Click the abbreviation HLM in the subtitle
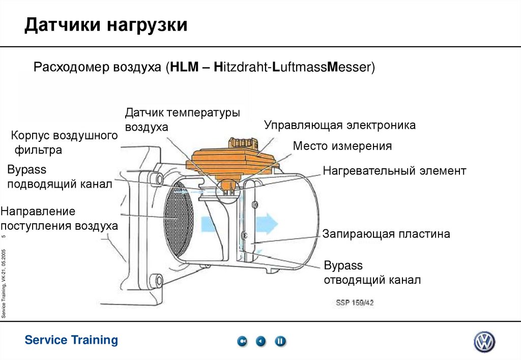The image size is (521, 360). pyautogui.click(x=185, y=67)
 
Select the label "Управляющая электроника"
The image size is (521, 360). pyautogui.click(x=340, y=125)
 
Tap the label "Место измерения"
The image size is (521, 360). pyautogui.click(x=342, y=146)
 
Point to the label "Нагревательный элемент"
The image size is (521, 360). pyautogui.click(x=394, y=170)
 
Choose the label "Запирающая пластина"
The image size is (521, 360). pyautogui.click(x=386, y=234)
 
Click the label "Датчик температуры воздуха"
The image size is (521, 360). pyautogui.click(x=182, y=119)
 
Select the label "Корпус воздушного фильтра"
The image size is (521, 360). pyautogui.click(x=64, y=142)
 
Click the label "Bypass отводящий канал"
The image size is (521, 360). pyautogui.click(x=372, y=273)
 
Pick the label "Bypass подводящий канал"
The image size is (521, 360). pyautogui.click(x=59, y=176)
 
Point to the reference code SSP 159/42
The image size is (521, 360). pyautogui.click(x=355, y=303)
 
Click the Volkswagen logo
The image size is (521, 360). pyautogui.click(x=484, y=342)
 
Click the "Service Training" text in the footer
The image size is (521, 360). pyautogui.click(x=71, y=340)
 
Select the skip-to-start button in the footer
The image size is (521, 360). pyautogui.click(x=242, y=342)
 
